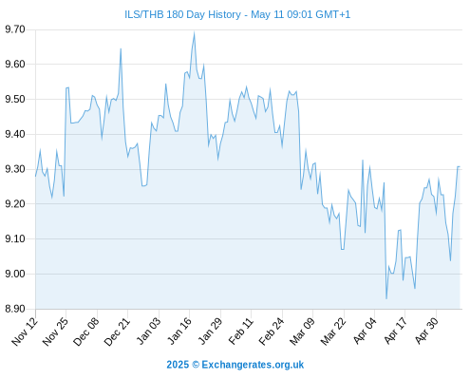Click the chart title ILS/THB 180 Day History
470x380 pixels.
click(182, 14)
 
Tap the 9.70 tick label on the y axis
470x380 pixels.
click(15, 29)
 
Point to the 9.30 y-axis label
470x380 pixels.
click(15, 169)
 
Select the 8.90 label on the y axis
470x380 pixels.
click(15, 309)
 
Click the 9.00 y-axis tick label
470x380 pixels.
click(15, 274)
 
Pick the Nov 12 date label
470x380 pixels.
click(25, 332)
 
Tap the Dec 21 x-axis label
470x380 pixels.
click(117, 332)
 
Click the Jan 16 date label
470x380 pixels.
click(179, 332)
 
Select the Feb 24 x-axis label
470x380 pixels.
click(272, 332)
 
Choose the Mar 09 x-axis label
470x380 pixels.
click(302, 332)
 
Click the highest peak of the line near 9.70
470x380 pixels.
click(194, 32)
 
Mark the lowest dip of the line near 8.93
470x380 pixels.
click(386, 298)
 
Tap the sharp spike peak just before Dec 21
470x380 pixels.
click(121, 48)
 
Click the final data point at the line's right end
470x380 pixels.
click(460, 166)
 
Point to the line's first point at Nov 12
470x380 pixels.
click(35, 177)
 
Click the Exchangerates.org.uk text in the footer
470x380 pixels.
click(253, 365)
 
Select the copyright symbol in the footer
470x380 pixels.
click(196, 365)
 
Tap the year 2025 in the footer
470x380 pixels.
click(178, 365)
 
